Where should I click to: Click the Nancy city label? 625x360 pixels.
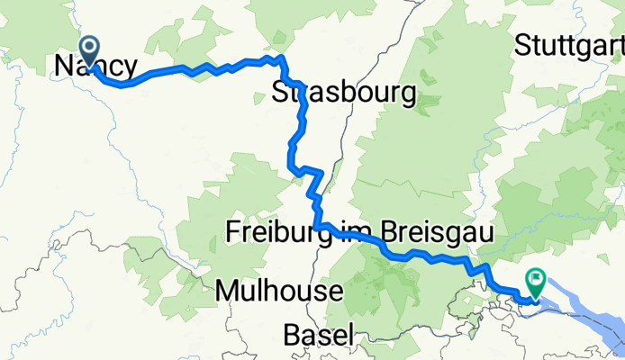pyautogui.click(x=96, y=66)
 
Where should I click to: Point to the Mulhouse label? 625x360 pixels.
pyautogui.click(x=280, y=292)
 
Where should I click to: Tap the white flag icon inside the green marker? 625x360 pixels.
pyautogui.click(x=537, y=280)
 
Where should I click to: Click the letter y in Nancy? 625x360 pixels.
pyautogui.click(x=132, y=68)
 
